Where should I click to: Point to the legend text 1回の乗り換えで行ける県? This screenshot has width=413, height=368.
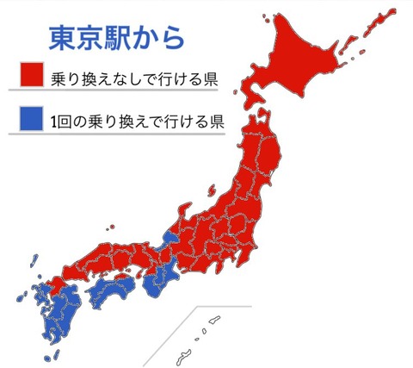[138, 120]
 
